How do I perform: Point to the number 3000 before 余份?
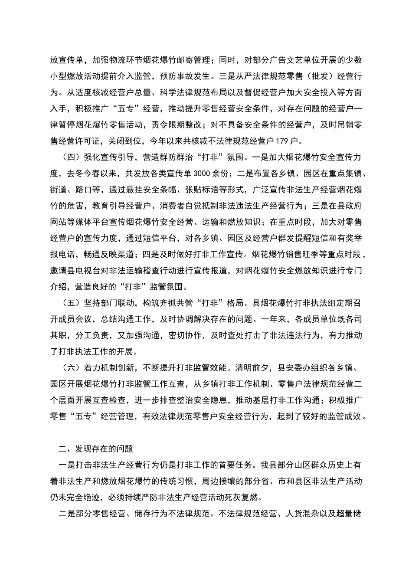click(203, 174)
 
